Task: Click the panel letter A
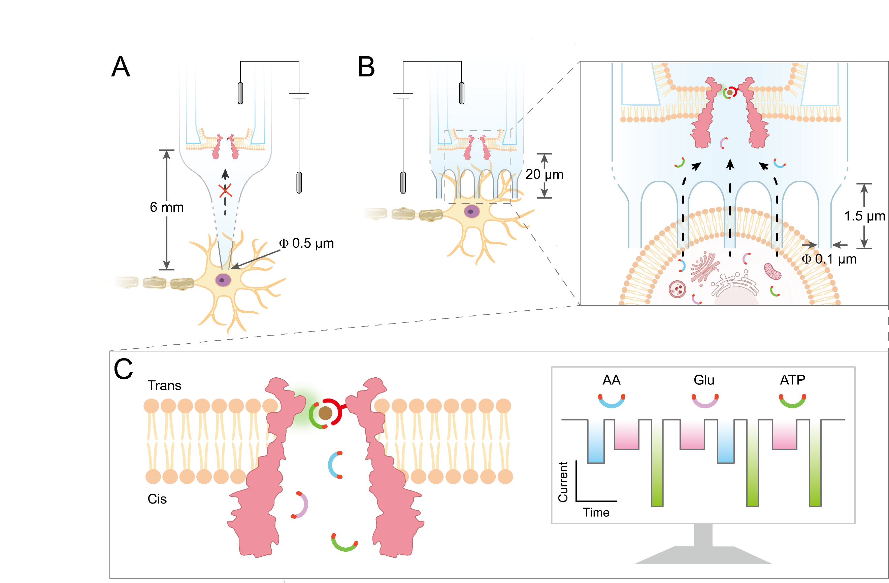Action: point(121,67)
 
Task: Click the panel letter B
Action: point(366,67)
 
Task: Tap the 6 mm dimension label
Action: point(167,207)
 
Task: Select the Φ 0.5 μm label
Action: point(306,243)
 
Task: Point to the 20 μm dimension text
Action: point(544,174)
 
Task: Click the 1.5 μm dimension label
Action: point(865,216)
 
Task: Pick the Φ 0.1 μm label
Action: point(829,259)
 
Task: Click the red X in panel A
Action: point(225,191)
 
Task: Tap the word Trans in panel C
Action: point(164,385)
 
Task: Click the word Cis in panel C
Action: point(157,499)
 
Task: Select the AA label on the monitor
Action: point(612,380)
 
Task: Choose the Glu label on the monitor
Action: point(704,380)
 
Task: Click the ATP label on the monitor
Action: point(792,380)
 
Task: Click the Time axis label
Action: point(596,512)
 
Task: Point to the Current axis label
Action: point(563,482)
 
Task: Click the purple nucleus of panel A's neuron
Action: point(223,280)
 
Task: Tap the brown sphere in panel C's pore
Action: point(325,413)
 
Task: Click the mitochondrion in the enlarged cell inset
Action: point(772,272)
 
